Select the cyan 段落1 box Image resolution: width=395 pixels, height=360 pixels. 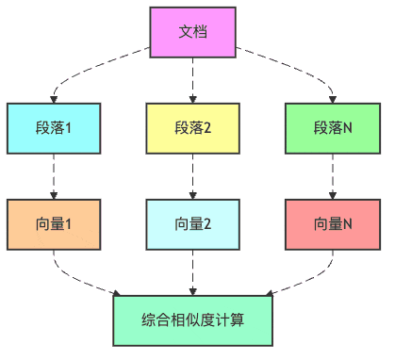(x=53, y=128)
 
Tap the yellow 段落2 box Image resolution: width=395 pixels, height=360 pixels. (x=193, y=128)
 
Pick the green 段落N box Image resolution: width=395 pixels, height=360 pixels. (x=333, y=128)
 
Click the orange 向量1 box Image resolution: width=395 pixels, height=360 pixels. (x=53, y=224)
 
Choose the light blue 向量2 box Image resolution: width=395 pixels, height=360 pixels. (x=193, y=224)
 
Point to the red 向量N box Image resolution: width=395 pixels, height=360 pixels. (x=333, y=224)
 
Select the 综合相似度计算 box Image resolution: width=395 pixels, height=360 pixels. (x=192, y=320)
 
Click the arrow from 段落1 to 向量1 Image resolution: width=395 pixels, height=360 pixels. (x=53, y=176)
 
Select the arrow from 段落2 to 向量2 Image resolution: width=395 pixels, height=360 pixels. (x=193, y=176)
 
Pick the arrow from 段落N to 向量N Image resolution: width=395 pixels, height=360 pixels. (x=333, y=176)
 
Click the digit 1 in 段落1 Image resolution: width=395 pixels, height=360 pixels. (x=71, y=128)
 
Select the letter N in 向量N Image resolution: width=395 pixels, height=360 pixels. (x=348, y=225)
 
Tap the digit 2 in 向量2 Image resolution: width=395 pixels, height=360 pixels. (x=208, y=225)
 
